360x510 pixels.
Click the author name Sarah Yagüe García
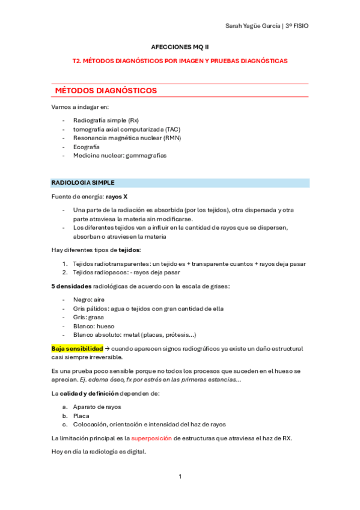click(248, 26)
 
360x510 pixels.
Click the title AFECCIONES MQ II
click(180, 46)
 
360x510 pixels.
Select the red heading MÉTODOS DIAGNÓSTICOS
click(106, 91)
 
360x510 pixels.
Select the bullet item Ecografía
click(87, 146)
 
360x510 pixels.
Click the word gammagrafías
click(146, 155)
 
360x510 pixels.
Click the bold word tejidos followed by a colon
click(129, 250)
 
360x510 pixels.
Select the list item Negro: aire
click(89, 300)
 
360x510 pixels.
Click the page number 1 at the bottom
click(180, 476)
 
